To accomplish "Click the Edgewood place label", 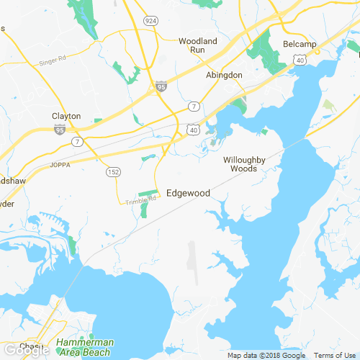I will (188, 193).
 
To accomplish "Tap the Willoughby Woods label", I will (244, 164).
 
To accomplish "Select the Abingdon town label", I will (224, 75).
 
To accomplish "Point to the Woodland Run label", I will (197, 47).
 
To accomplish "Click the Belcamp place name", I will (300, 44).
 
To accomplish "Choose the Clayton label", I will (66, 116).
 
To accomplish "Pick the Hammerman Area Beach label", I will (84, 348).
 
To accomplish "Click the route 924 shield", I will (150, 20).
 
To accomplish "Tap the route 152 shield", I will (114, 172).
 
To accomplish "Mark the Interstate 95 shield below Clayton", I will (59, 130).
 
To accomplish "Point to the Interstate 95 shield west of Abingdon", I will (161, 86).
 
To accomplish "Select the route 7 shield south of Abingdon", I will (194, 107).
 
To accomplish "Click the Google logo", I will (25, 351).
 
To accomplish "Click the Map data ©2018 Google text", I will (266, 356).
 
